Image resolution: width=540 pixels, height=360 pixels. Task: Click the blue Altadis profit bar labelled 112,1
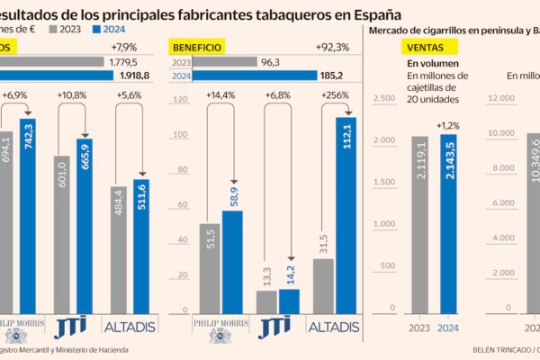click(x=346, y=216)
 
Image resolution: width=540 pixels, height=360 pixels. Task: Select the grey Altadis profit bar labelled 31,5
click(x=323, y=286)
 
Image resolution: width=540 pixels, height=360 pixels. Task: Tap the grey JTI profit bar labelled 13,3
click(x=266, y=302)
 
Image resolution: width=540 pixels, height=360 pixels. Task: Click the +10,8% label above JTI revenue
click(x=75, y=95)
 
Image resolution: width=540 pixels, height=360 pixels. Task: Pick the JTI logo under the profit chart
click(x=277, y=326)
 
